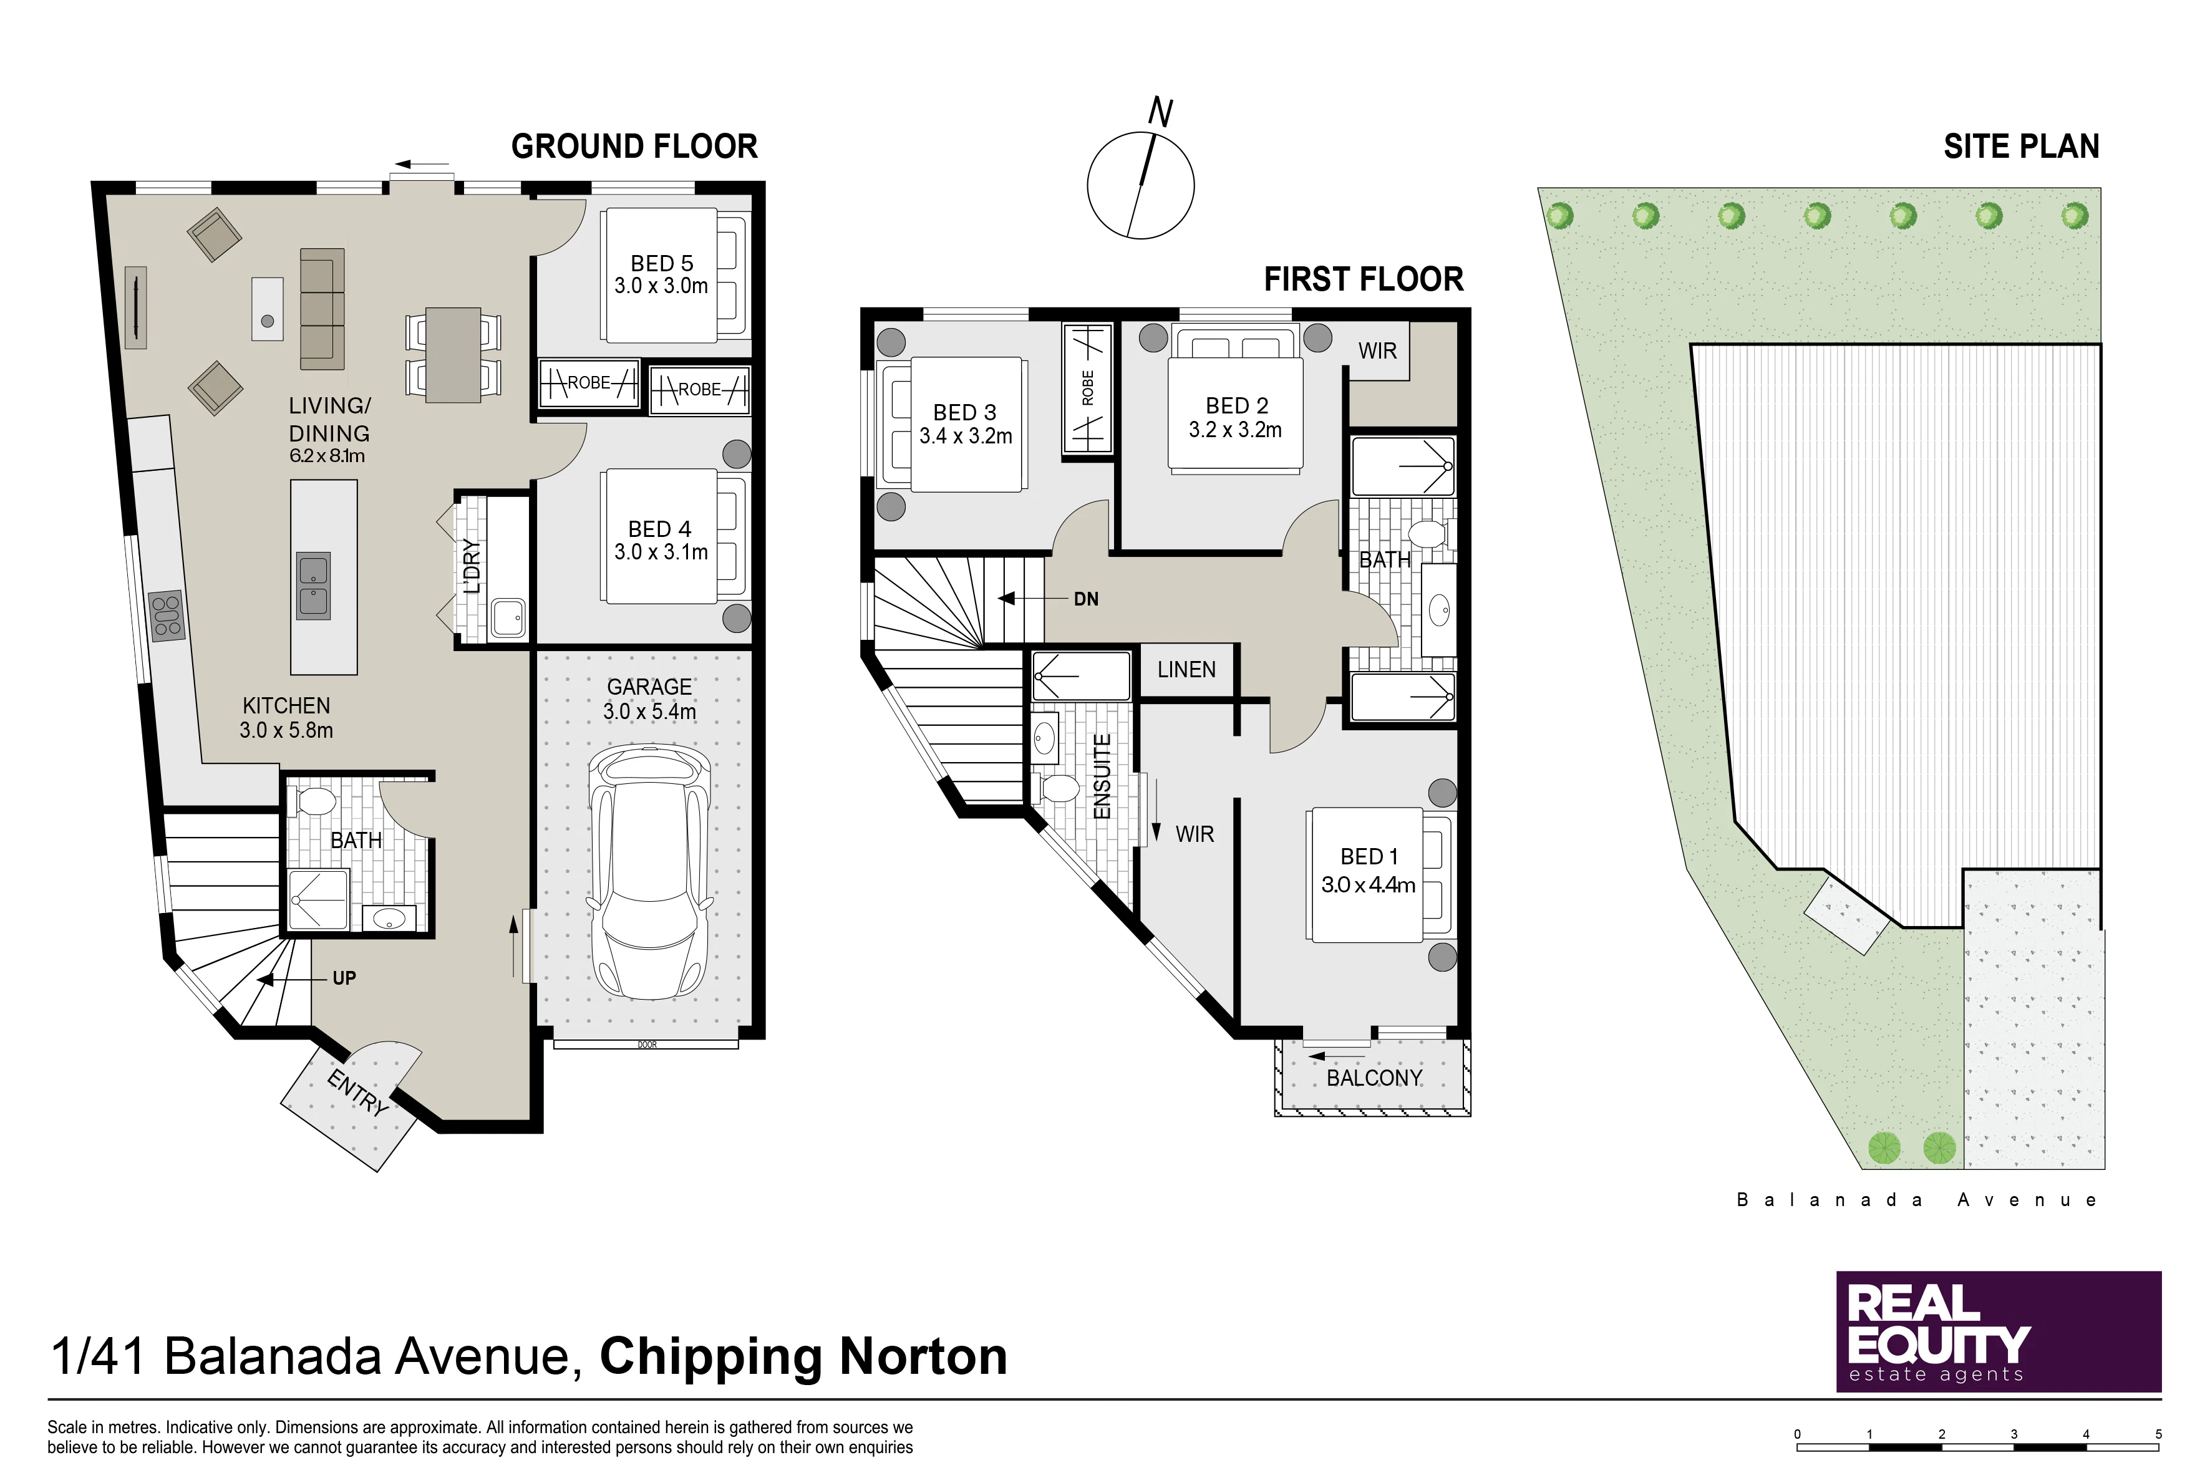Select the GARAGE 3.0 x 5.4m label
(649, 699)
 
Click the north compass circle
(1141, 185)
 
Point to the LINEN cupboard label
(1187, 670)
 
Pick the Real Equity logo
(1999, 1331)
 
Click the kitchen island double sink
(314, 585)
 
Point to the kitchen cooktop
(167, 616)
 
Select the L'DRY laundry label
(472, 566)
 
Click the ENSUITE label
(1102, 776)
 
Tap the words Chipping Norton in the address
(803, 1356)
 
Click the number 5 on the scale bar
(2158, 1434)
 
